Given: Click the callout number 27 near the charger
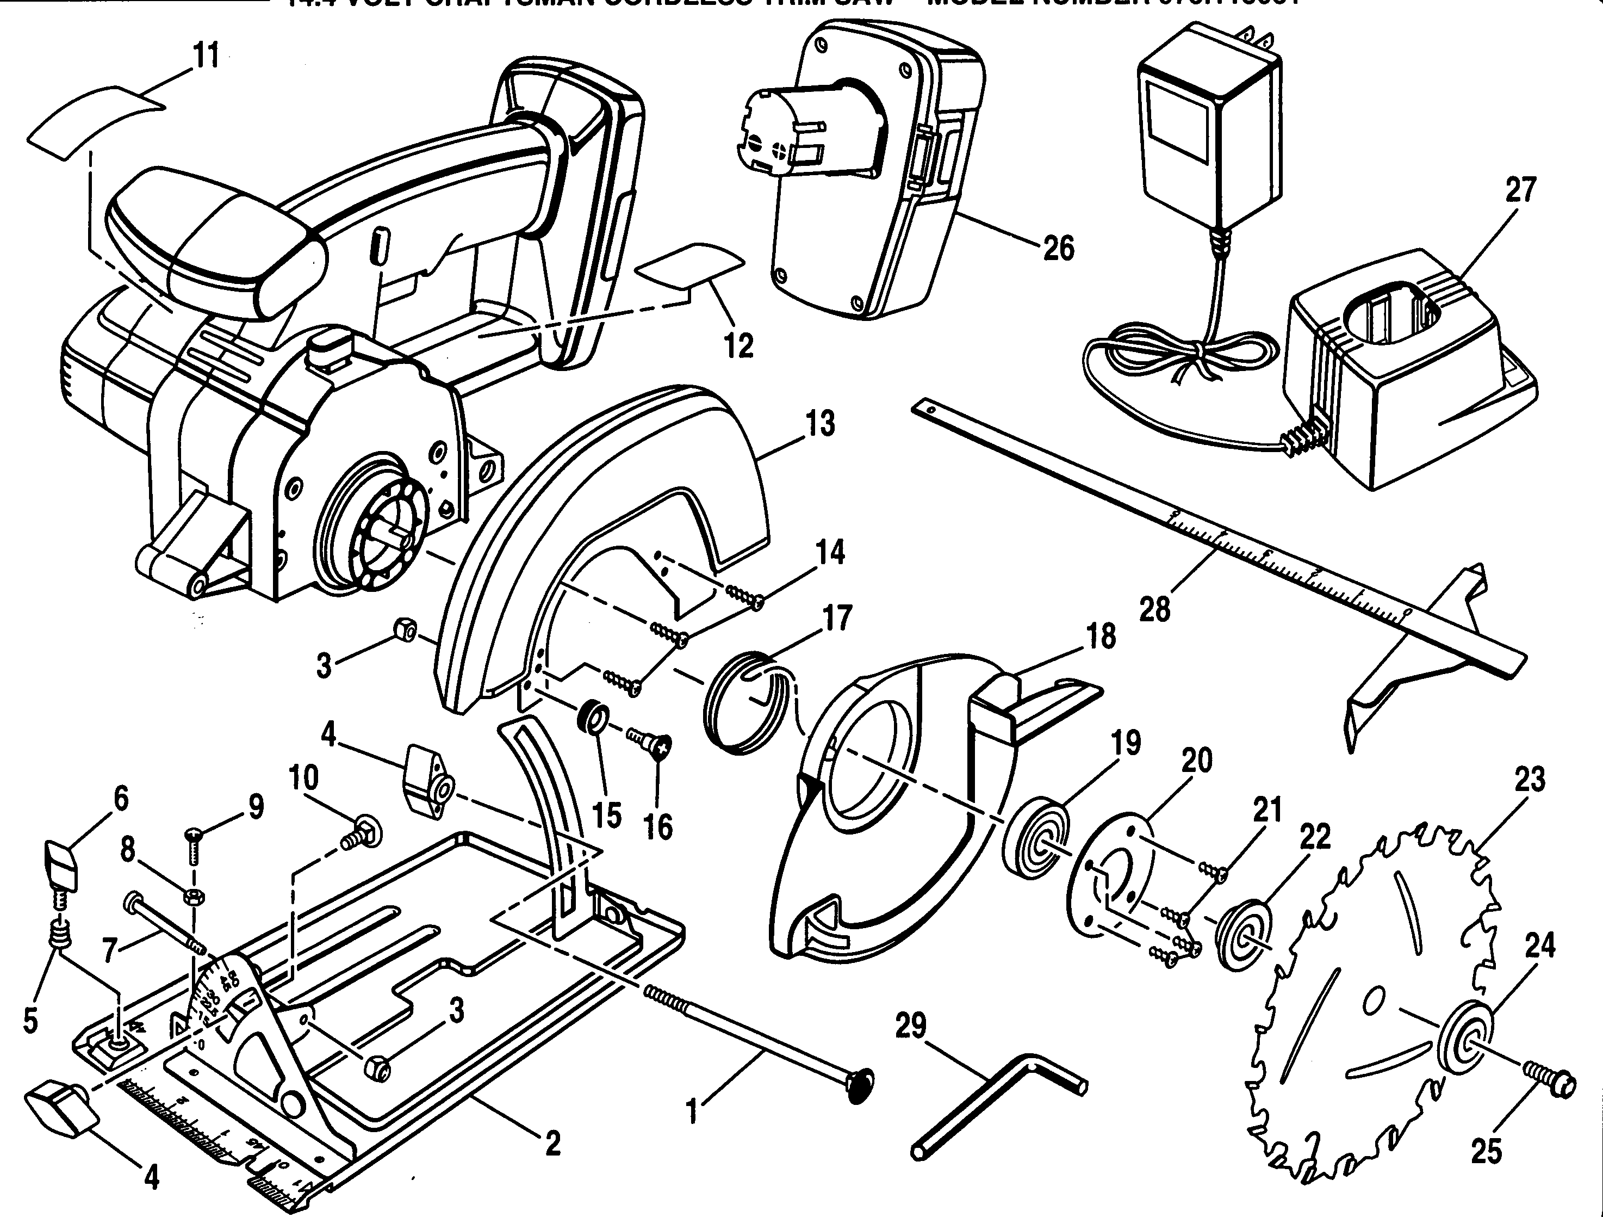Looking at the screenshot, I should click(1520, 190).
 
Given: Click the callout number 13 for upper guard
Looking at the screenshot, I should click(821, 424).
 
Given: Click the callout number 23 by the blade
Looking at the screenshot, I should click(1529, 779).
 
